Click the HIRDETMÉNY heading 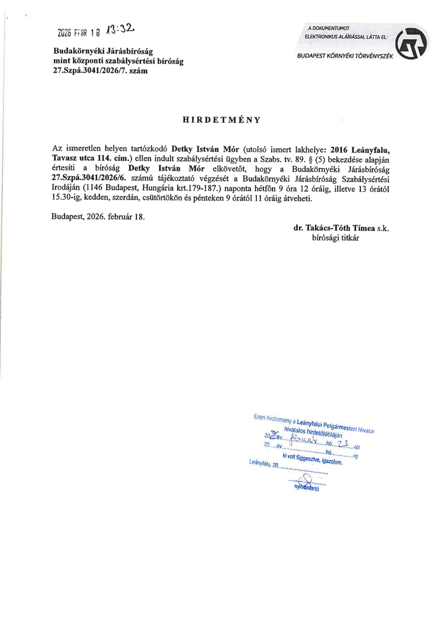(x=222, y=120)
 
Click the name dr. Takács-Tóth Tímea (x=334, y=228)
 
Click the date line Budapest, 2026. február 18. (x=98, y=217)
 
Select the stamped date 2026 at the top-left (x=64, y=32)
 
